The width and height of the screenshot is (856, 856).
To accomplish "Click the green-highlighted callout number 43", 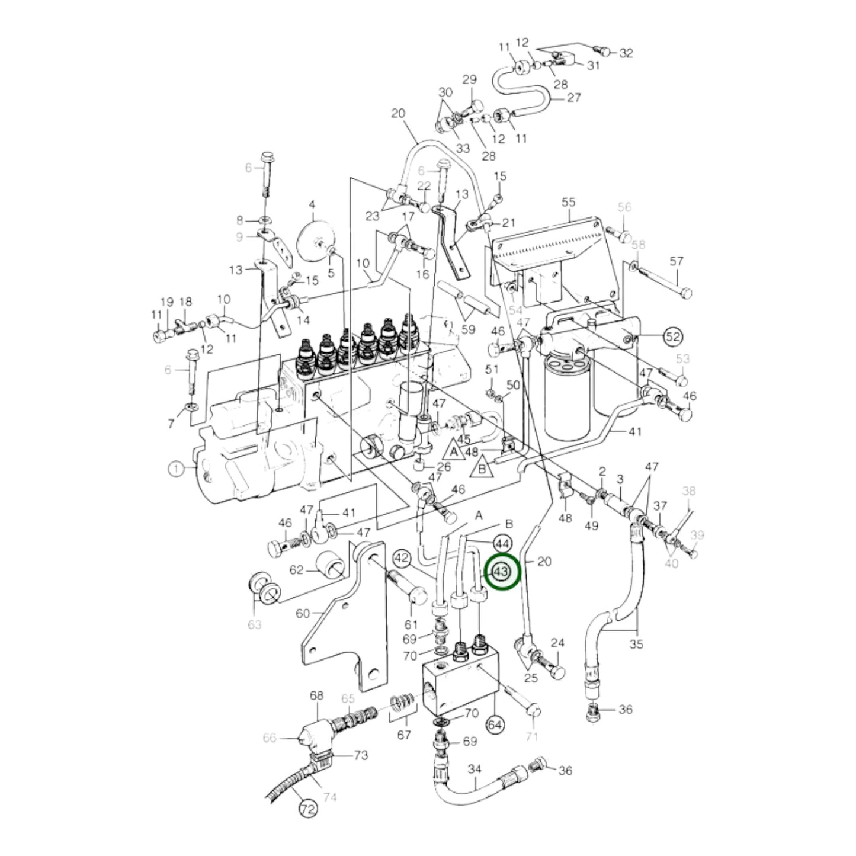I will pyautogui.click(x=501, y=572).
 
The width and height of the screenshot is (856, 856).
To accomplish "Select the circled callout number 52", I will pyautogui.click(x=673, y=337).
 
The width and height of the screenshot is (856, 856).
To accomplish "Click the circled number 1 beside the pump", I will pyautogui.click(x=176, y=469).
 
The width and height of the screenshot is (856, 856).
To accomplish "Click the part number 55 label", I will pyautogui.click(x=568, y=202).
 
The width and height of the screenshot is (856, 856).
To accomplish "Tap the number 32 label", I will pyautogui.click(x=626, y=53).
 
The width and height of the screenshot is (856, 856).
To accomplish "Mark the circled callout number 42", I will pyautogui.click(x=402, y=557).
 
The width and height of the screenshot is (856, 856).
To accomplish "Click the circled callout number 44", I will pyautogui.click(x=502, y=543).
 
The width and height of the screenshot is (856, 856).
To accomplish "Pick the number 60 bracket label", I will pyautogui.click(x=303, y=613).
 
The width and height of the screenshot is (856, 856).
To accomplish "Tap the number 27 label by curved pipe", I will pyautogui.click(x=573, y=97).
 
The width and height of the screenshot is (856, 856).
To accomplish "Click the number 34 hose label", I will pyautogui.click(x=475, y=770).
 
